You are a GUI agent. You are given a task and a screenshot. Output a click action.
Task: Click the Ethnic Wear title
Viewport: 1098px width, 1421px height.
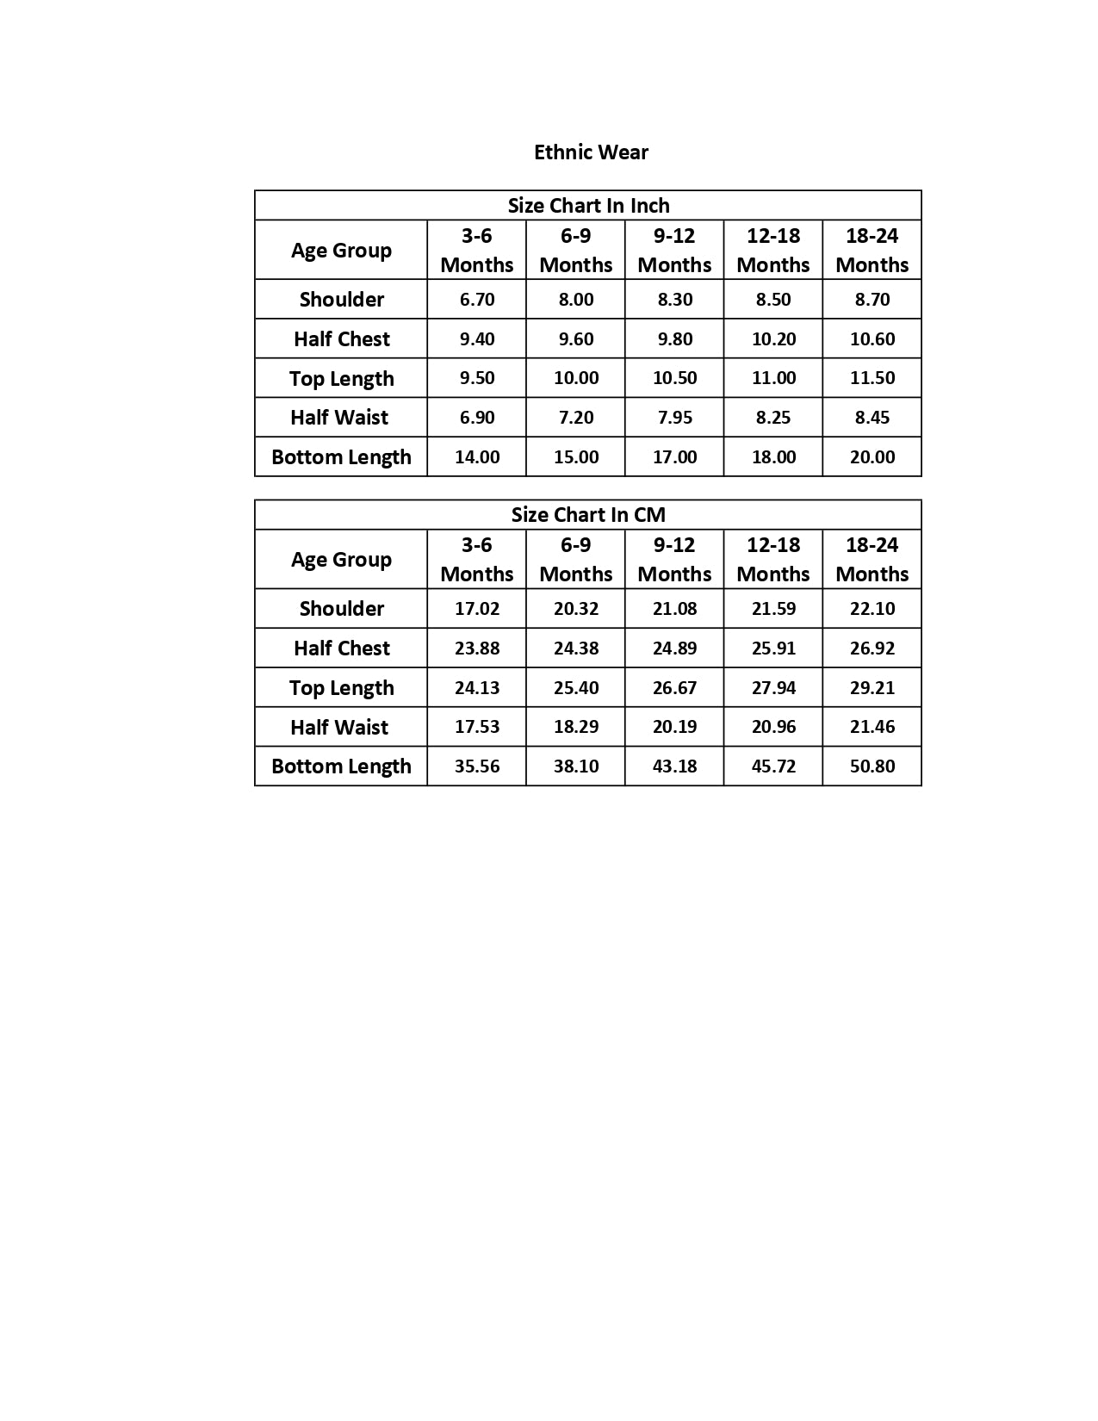coord(591,152)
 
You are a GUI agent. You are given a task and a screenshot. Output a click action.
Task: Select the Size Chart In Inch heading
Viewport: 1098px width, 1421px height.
coord(588,206)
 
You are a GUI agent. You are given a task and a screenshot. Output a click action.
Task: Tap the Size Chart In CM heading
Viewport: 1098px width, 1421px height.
coord(588,515)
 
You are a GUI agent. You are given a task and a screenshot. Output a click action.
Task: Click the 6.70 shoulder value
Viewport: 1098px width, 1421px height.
coord(477,300)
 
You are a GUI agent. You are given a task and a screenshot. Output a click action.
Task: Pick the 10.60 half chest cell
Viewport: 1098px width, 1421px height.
coord(872,339)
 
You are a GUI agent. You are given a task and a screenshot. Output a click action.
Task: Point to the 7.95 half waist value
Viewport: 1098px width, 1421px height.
coord(674,418)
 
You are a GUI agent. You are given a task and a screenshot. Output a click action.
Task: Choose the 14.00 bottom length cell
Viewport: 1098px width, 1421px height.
coord(477,457)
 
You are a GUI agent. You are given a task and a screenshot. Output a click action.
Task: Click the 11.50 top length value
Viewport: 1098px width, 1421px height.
coord(872,378)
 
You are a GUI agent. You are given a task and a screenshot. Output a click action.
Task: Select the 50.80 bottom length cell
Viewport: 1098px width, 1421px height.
coord(872,766)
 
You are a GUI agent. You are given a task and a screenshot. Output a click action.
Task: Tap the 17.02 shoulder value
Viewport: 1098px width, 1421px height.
coord(477,609)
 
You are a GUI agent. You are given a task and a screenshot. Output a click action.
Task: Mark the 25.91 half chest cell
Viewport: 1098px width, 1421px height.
coord(773,648)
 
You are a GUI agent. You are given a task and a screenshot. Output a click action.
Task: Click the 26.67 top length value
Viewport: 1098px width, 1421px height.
coord(674,687)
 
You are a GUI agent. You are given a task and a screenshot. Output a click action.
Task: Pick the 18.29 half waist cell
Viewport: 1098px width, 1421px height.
coord(576,727)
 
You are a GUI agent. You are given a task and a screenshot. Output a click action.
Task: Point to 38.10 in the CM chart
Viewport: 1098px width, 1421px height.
coord(576,766)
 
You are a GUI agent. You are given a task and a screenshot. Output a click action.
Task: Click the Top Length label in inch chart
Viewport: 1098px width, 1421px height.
coord(342,379)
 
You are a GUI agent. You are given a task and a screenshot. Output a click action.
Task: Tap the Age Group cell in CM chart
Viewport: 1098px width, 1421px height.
coord(341,560)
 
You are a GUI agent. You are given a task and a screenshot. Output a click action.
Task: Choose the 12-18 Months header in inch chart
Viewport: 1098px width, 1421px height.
coord(773,250)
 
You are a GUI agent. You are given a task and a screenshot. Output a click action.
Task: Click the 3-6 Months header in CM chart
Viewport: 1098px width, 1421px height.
coord(477,560)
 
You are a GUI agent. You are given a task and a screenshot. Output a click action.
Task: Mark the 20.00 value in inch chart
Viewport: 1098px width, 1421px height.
coord(872,457)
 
